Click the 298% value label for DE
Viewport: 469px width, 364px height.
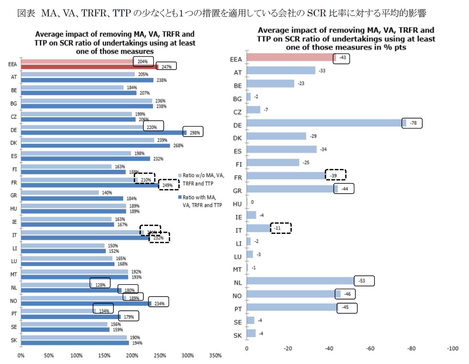[x=195, y=133]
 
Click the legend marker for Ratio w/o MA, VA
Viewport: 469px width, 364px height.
[x=180, y=175]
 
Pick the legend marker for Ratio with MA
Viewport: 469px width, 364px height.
[x=180, y=197]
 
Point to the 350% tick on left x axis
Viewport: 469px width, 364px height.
[x=215, y=355]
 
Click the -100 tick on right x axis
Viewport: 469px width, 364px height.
[x=452, y=348]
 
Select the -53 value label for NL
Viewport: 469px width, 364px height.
[x=361, y=281]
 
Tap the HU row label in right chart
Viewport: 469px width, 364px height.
[x=237, y=204]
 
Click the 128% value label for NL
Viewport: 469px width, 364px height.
[x=100, y=285]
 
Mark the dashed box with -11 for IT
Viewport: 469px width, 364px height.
[x=281, y=228]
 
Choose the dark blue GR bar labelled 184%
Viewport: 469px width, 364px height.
[x=72, y=198]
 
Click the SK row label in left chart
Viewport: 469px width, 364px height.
[x=14, y=340]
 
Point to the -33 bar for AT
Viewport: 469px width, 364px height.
[x=281, y=70]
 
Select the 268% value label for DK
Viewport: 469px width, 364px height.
[x=178, y=146]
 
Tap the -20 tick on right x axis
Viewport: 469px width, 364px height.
[x=288, y=348]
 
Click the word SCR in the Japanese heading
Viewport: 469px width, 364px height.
[x=316, y=13]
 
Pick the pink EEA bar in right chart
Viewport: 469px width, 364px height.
[x=291, y=57]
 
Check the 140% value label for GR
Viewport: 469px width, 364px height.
[x=107, y=193]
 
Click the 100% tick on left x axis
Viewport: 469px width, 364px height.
[x=76, y=355]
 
